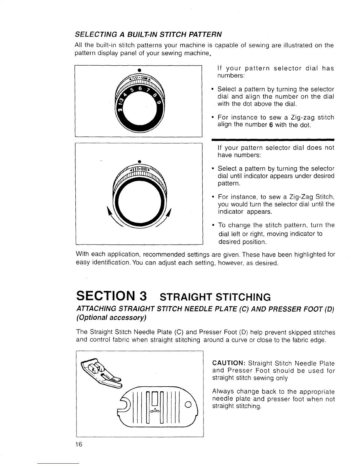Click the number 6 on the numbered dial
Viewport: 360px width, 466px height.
140,89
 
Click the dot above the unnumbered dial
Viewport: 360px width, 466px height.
139,161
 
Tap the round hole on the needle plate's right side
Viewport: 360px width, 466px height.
188,404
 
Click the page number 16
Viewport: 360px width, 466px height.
79,444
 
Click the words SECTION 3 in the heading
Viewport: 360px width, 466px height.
111,296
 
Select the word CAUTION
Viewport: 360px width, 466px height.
229,363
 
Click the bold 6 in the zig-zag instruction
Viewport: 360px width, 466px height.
271,125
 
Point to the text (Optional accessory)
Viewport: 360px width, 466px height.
111,318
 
